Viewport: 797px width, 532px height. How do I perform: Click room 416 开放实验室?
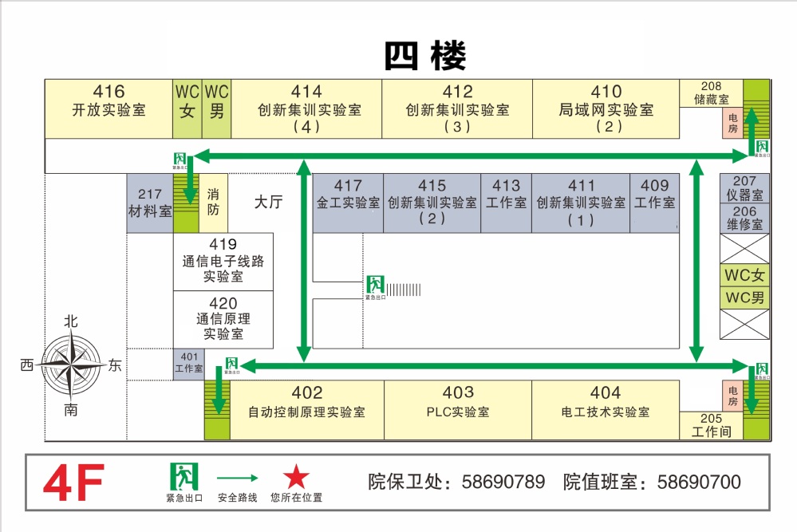pos(109,101)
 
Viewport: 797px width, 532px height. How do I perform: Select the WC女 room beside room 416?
pos(187,101)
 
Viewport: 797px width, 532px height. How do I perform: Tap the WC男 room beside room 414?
pos(216,101)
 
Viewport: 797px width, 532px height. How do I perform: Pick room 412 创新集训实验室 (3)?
pos(457,108)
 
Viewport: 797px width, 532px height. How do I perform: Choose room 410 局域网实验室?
pos(606,108)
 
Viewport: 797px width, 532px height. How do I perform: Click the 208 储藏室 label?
pos(711,93)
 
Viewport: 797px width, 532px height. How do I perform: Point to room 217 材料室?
pos(150,203)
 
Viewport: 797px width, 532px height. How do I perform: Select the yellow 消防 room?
pos(213,203)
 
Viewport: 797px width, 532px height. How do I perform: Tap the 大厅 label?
pos(269,203)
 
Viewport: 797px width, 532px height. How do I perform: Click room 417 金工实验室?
pos(348,195)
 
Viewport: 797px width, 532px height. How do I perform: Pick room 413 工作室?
pos(506,195)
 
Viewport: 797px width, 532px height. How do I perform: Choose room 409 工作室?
pos(654,195)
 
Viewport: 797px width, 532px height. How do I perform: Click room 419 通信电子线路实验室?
pos(223,261)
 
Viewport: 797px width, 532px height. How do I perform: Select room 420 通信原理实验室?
pos(223,318)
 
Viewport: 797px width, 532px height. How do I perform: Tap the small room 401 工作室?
pos(189,363)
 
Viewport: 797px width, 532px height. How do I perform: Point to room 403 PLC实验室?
pos(458,403)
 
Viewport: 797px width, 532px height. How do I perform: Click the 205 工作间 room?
pos(711,425)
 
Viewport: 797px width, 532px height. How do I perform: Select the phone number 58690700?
pos(698,482)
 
